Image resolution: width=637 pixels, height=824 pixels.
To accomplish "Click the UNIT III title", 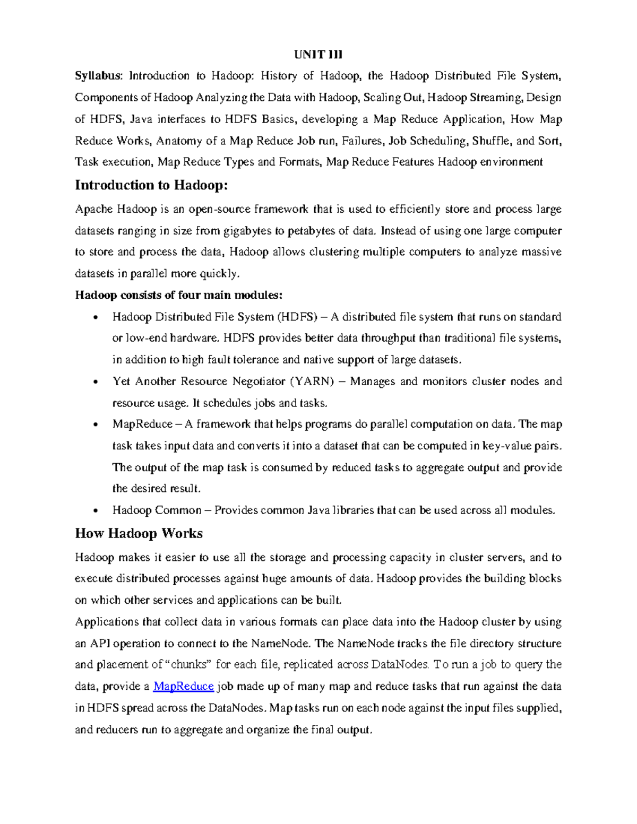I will pos(318,54).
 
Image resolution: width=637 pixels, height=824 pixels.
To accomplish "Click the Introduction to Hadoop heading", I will pos(151,185).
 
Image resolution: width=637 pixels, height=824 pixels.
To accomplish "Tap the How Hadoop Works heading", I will pos(139,533).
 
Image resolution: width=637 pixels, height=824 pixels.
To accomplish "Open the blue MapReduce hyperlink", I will pos(183,687).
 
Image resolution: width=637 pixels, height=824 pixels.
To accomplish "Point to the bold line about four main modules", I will pos(179,295).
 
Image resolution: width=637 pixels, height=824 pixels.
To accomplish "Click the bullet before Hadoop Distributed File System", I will pos(95,318).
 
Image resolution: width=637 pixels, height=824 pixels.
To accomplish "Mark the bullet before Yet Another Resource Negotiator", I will pos(95,382).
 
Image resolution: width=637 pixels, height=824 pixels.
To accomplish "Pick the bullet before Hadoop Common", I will pos(95,511).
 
